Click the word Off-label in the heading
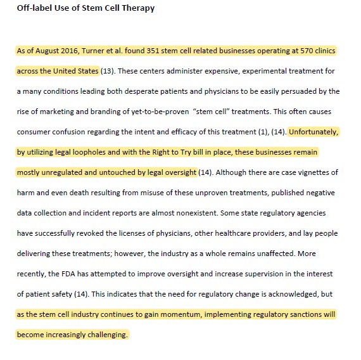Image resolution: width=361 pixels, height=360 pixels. [35, 8]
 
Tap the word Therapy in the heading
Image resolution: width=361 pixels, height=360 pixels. [137, 8]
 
